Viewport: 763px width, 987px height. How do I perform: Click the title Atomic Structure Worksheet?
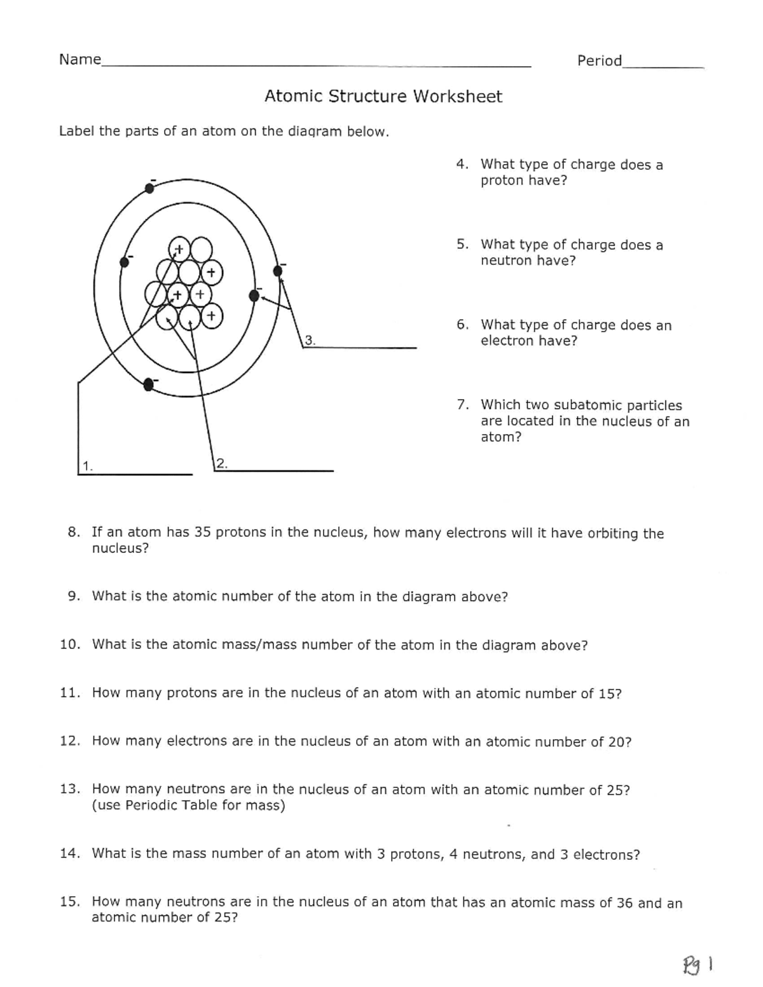383,97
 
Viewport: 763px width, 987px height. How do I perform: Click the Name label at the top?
79,60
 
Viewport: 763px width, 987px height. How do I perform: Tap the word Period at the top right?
599,61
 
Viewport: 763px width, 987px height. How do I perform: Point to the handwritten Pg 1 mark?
698,965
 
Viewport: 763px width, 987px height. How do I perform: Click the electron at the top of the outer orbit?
149,187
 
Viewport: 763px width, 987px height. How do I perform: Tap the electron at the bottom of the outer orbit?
148,384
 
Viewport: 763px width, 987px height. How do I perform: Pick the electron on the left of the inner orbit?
125,262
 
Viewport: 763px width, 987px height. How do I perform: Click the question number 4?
462,164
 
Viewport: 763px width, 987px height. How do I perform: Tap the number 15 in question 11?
606,693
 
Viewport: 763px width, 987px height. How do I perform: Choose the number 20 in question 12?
616,742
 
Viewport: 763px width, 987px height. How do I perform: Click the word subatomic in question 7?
587,405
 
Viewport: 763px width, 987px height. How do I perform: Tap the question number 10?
70,644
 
